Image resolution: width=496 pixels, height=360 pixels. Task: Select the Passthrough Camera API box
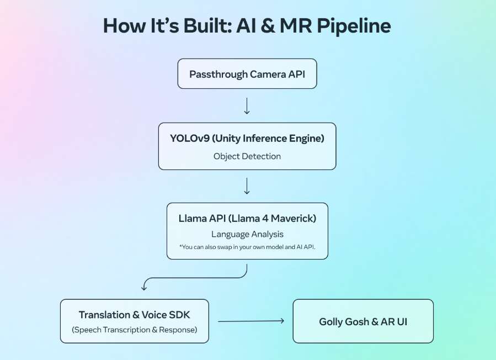pos(247,73)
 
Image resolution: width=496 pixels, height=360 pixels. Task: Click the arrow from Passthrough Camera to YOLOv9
pos(247,105)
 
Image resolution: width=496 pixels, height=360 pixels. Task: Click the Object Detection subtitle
pos(247,156)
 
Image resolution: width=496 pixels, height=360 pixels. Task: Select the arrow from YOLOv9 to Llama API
pos(247,186)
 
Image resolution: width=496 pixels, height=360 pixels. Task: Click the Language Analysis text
pos(247,235)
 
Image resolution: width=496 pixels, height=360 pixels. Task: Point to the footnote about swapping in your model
pos(247,247)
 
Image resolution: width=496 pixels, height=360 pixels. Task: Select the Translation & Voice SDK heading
pos(134,315)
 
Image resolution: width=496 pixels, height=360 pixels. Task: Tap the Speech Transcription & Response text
pos(134,330)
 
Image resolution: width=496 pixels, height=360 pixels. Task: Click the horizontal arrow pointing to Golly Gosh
pos(251,321)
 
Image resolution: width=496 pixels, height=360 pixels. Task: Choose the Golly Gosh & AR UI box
pos(362,321)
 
